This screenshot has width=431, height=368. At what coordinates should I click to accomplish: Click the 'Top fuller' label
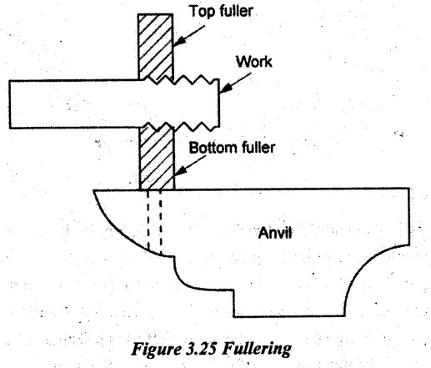pyautogui.click(x=221, y=12)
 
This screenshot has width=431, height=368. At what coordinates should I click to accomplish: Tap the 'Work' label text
pyautogui.click(x=253, y=62)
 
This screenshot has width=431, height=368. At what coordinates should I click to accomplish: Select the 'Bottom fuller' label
pyautogui.click(x=232, y=148)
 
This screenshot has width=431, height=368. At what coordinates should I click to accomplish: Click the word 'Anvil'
pyautogui.click(x=275, y=232)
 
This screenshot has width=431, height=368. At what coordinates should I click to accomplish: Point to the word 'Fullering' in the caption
pyautogui.click(x=257, y=349)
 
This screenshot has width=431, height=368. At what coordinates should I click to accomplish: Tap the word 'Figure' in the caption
pyautogui.click(x=156, y=349)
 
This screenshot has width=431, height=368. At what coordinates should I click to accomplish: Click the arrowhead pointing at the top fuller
pyautogui.click(x=178, y=42)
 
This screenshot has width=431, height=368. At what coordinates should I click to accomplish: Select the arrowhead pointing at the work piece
pyautogui.click(x=225, y=88)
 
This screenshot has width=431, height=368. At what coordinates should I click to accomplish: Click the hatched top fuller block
pyautogui.click(x=156, y=47)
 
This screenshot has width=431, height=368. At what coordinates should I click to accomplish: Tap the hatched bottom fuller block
pyautogui.click(x=157, y=156)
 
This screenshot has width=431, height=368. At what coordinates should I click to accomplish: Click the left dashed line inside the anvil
pyautogui.click(x=148, y=219)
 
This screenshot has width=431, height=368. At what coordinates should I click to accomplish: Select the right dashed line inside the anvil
pyautogui.click(x=161, y=223)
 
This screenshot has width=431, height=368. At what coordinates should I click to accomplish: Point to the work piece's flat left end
pyautogui.click(x=10, y=104)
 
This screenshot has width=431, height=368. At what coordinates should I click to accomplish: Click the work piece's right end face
pyautogui.click(x=219, y=103)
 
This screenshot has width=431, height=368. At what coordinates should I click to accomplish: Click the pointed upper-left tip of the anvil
pyautogui.click(x=93, y=191)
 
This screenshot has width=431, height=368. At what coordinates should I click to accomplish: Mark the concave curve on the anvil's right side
pyautogui.click(x=367, y=269)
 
